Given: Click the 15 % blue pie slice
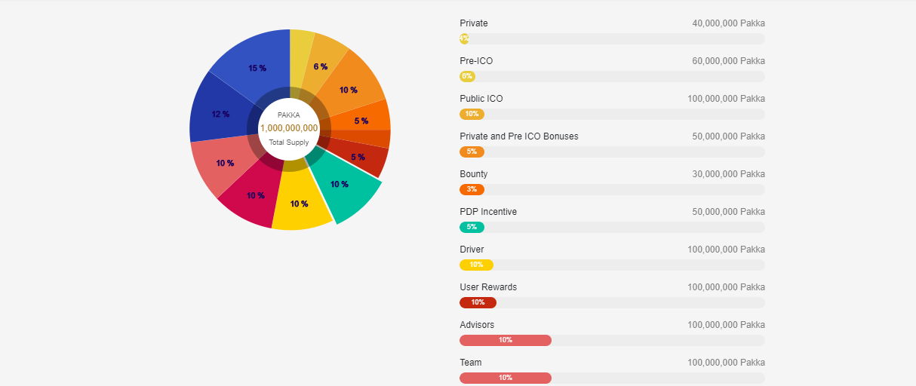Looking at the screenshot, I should click(x=253, y=64).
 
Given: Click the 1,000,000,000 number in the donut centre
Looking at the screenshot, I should click(x=289, y=128).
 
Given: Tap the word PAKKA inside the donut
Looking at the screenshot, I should click(x=289, y=115).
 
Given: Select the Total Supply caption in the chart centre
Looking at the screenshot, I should click(x=289, y=142).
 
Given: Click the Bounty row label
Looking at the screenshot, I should click(x=474, y=174).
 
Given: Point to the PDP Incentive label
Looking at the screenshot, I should click(x=488, y=212).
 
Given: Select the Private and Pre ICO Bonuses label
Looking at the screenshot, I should click(x=519, y=136).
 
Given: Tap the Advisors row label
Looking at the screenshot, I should click(x=477, y=325).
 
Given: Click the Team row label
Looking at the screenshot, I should click(x=471, y=363).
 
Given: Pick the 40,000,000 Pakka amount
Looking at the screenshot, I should click(x=728, y=23).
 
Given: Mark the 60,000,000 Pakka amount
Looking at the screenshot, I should click(x=728, y=61).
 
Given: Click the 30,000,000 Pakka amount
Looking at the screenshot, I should click(x=728, y=174).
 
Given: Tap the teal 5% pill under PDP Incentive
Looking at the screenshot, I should click(x=472, y=227).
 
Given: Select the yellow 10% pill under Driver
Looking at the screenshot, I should click(x=476, y=265).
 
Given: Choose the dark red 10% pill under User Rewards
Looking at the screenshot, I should click(x=478, y=302).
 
